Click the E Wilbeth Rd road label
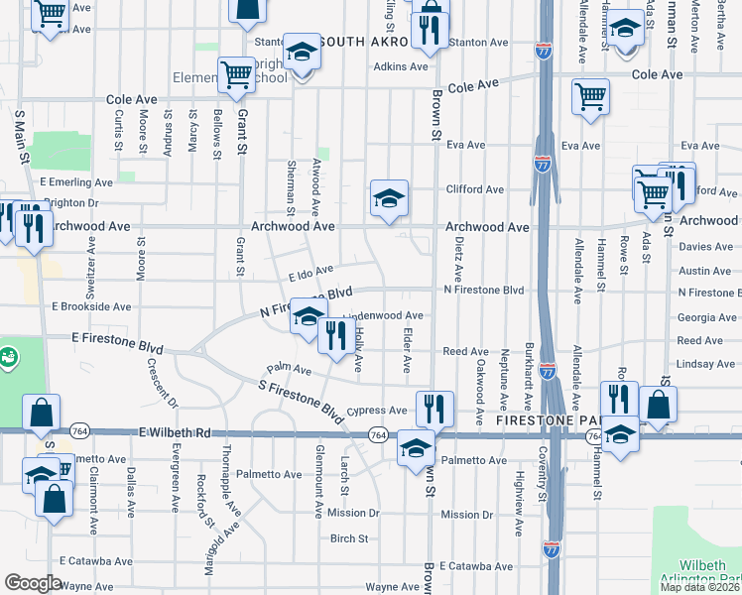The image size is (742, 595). point(176,433)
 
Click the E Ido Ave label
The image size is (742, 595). point(310,273)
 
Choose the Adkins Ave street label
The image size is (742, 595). point(400,67)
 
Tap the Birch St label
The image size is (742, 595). point(349,539)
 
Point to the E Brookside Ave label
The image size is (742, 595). point(85,307)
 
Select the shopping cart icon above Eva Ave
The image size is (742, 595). point(590,96)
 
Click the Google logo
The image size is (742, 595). point(33,583)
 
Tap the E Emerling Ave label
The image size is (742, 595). point(76,182)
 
